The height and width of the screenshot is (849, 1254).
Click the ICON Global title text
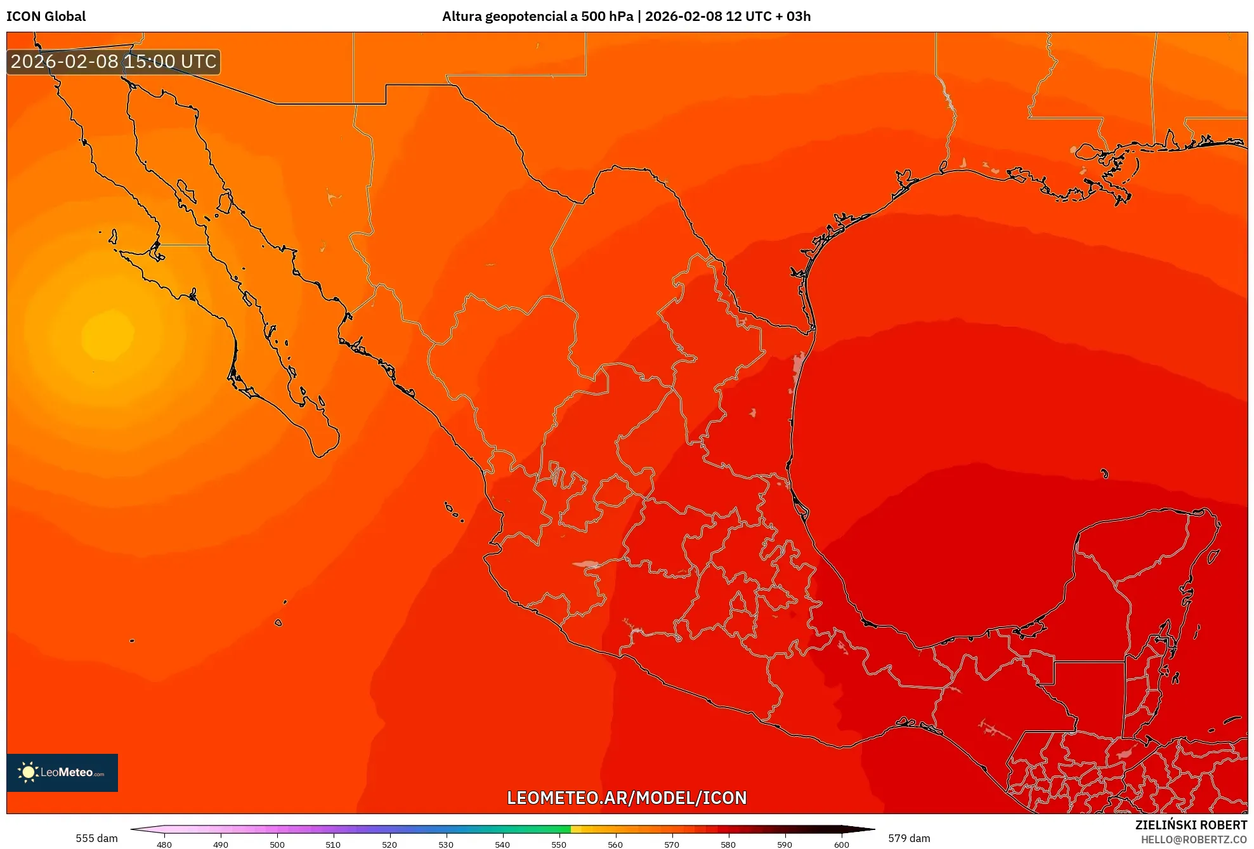[46, 16]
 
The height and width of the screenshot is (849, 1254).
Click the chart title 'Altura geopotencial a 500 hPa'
[537, 16]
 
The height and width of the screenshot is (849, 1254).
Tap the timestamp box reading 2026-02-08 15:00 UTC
[114, 62]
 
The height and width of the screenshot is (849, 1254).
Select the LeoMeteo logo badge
[62, 772]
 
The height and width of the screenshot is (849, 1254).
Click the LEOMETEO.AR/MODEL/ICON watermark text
[627, 798]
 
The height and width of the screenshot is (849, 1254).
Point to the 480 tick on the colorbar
[164, 844]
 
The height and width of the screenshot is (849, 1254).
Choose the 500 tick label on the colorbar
[277, 844]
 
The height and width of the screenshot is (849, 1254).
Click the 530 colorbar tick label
[446, 844]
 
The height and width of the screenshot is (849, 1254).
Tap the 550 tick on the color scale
[559, 844]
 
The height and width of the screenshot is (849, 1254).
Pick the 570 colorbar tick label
[672, 844]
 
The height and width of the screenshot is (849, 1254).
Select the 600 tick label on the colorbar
[841, 844]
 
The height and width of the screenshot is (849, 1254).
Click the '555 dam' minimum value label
[96, 838]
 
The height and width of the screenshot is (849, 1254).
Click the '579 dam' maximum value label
[909, 838]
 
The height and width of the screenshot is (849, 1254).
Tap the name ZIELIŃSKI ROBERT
[1191, 825]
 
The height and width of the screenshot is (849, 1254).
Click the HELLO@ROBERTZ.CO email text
[1194, 839]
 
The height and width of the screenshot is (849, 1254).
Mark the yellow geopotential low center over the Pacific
[108, 334]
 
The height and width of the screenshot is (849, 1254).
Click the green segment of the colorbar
[545, 829]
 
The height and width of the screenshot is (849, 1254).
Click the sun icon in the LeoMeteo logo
[28, 772]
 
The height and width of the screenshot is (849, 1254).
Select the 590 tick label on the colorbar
[785, 844]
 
